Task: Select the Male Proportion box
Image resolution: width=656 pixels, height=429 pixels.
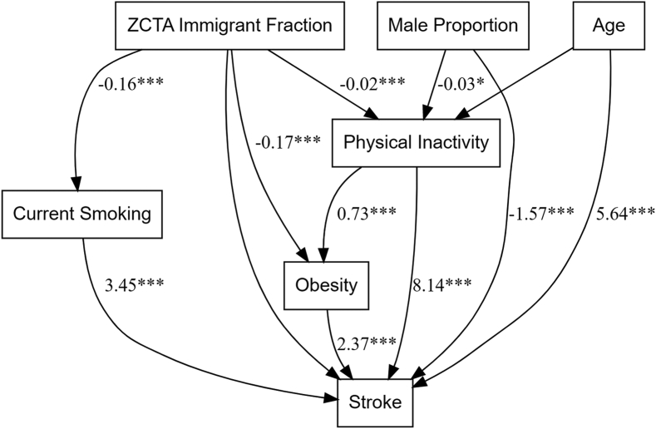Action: coord(452,25)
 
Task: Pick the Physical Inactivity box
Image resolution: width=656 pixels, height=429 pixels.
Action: coord(417,141)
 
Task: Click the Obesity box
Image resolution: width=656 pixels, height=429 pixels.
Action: coord(327,285)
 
